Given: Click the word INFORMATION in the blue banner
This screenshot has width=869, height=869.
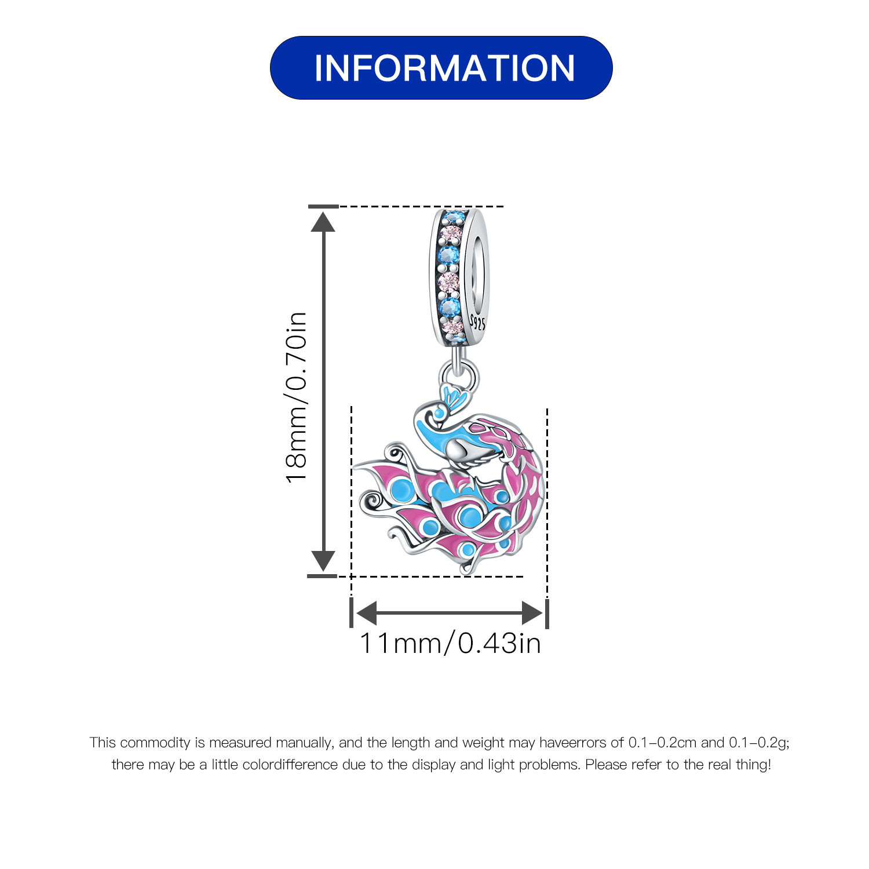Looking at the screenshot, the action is pyautogui.click(x=444, y=68).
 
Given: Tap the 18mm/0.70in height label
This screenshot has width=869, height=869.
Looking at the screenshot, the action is pyautogui.click(x=296, y=397).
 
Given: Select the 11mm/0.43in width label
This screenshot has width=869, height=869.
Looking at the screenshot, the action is pyautogui.click(x=450, y=644).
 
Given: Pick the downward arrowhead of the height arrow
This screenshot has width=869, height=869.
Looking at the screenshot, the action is pyautogui.click(x=323, y=561).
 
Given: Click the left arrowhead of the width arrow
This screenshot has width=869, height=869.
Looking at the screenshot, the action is pyautogui.click(x=366, y=613).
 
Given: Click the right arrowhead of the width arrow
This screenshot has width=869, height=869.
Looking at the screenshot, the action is pyautogui.click(x=532, y=613).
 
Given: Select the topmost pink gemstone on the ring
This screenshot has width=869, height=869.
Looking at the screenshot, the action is pyautogui.click(x=451, y=234).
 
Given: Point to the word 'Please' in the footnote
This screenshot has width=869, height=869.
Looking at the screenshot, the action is pyautogui.click(x=606, y=765).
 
